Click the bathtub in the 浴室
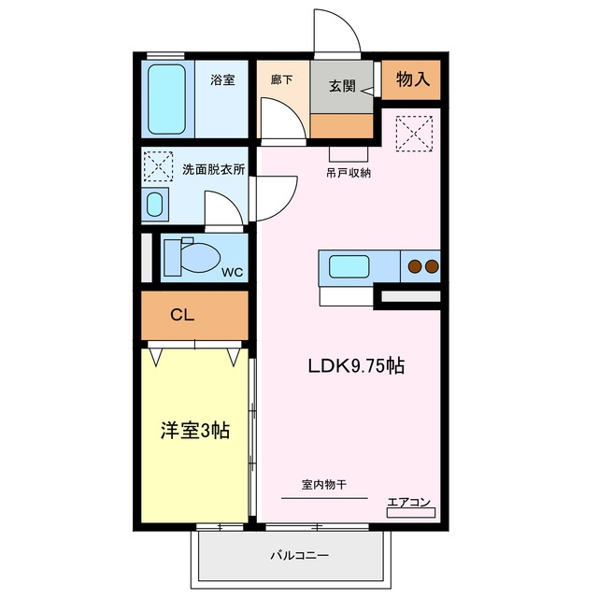[166, 99]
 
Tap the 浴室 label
[222, 80]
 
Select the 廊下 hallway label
[282, 79]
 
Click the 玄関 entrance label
[342, 86]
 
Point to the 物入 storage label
[413, 79]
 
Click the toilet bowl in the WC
[200, 258]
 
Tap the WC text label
[233, 272]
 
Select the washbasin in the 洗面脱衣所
[154, 205]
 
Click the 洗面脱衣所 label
[214, 169]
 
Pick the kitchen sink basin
[349, 266]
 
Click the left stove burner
[415, 266]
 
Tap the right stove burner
[432, 266]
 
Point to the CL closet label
[182, 315]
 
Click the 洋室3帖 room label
[195, 431]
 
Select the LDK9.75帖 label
[356, 366]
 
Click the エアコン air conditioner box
[411, 513]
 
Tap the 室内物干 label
[324, 485]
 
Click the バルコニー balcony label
[299, 555]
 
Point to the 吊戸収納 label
[349, 173]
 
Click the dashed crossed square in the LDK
[414, 134]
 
